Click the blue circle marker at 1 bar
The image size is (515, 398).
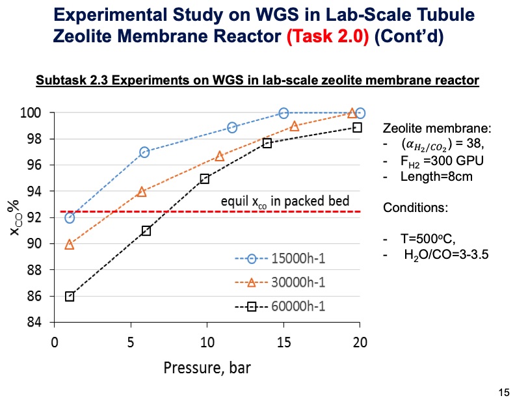70,218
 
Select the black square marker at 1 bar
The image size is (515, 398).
70,297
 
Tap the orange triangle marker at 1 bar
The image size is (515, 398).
70,245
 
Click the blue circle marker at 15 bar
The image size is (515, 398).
284,113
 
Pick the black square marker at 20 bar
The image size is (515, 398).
357,127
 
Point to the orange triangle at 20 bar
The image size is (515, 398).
352,113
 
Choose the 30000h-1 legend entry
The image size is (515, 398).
278,284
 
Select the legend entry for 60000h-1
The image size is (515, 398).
278,307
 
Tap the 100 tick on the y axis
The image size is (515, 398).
34,113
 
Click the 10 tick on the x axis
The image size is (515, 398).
207,341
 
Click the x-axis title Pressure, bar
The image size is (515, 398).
206,367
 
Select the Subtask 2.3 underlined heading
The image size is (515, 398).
257,81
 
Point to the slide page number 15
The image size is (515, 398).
503,391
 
